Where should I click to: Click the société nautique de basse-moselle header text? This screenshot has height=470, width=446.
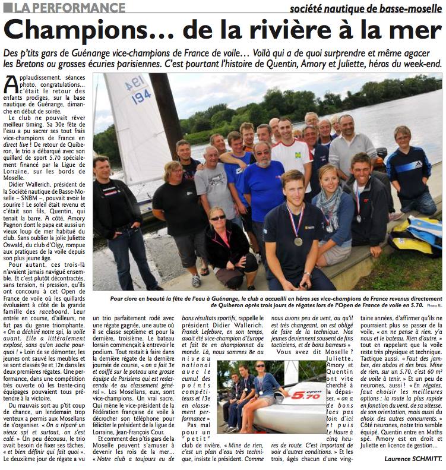[366, 8]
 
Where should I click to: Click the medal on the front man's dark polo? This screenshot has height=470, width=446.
[298, 241]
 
